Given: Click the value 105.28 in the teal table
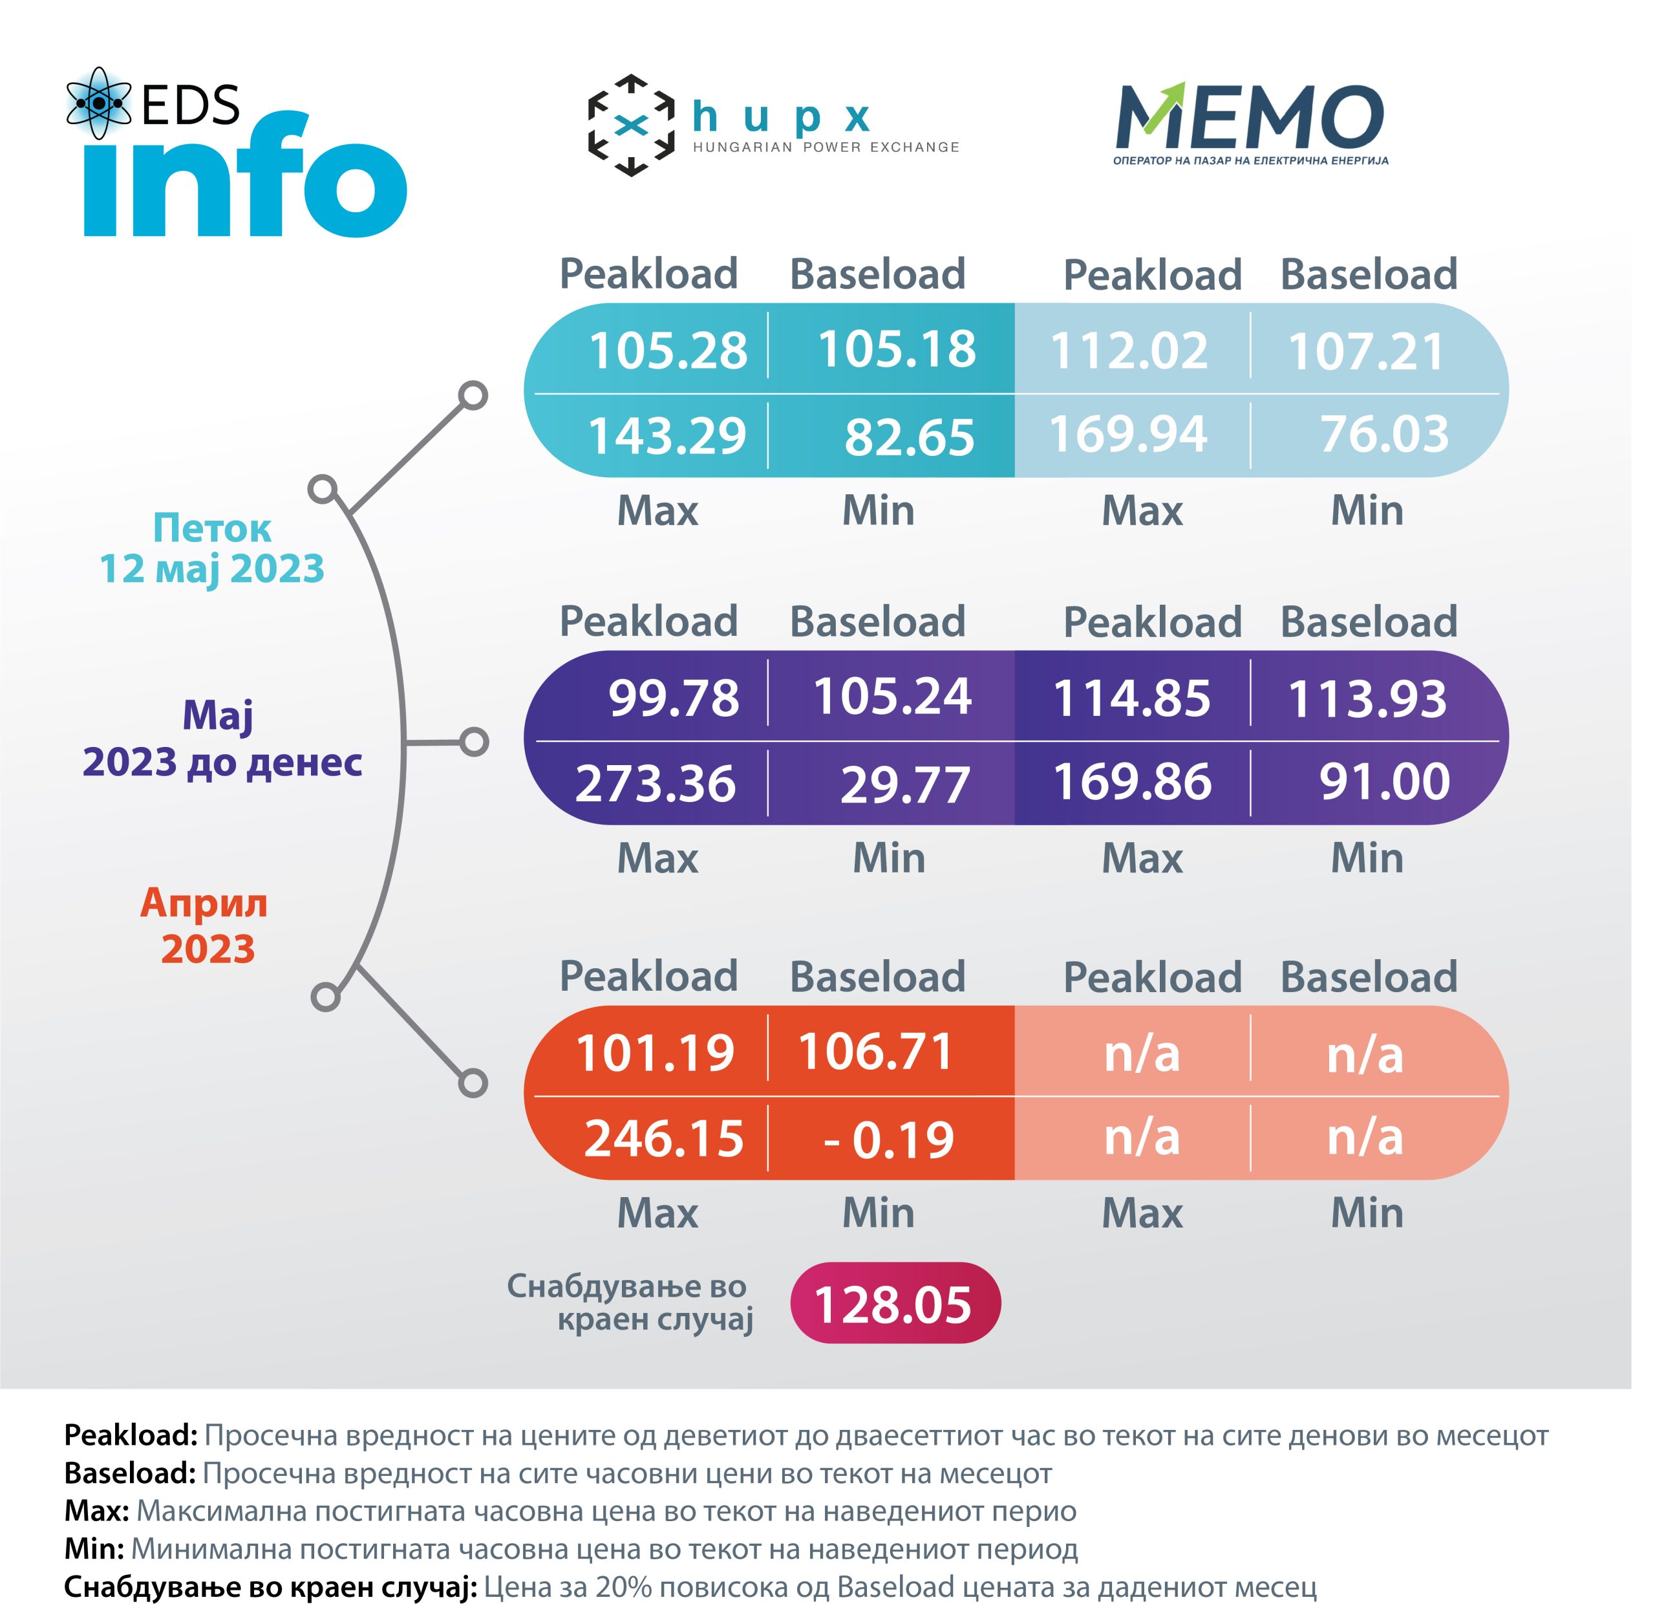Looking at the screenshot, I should [668, 351].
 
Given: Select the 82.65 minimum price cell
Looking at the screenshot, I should [909, 437].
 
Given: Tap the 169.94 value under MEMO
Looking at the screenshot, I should [1127, 434].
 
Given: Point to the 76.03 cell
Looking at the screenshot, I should [1384, 434].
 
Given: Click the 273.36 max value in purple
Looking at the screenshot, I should [655, 783].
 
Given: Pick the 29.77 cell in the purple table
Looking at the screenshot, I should [904, 785].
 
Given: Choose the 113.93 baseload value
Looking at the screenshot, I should [1367, 699].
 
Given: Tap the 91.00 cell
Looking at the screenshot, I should [1384, 781].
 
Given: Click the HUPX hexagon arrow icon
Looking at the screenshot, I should [631, 125].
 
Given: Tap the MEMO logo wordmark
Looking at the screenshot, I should [1250, 117].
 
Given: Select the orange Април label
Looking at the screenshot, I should [204, 904].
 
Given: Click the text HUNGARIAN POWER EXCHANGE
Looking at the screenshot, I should [826, 147].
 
